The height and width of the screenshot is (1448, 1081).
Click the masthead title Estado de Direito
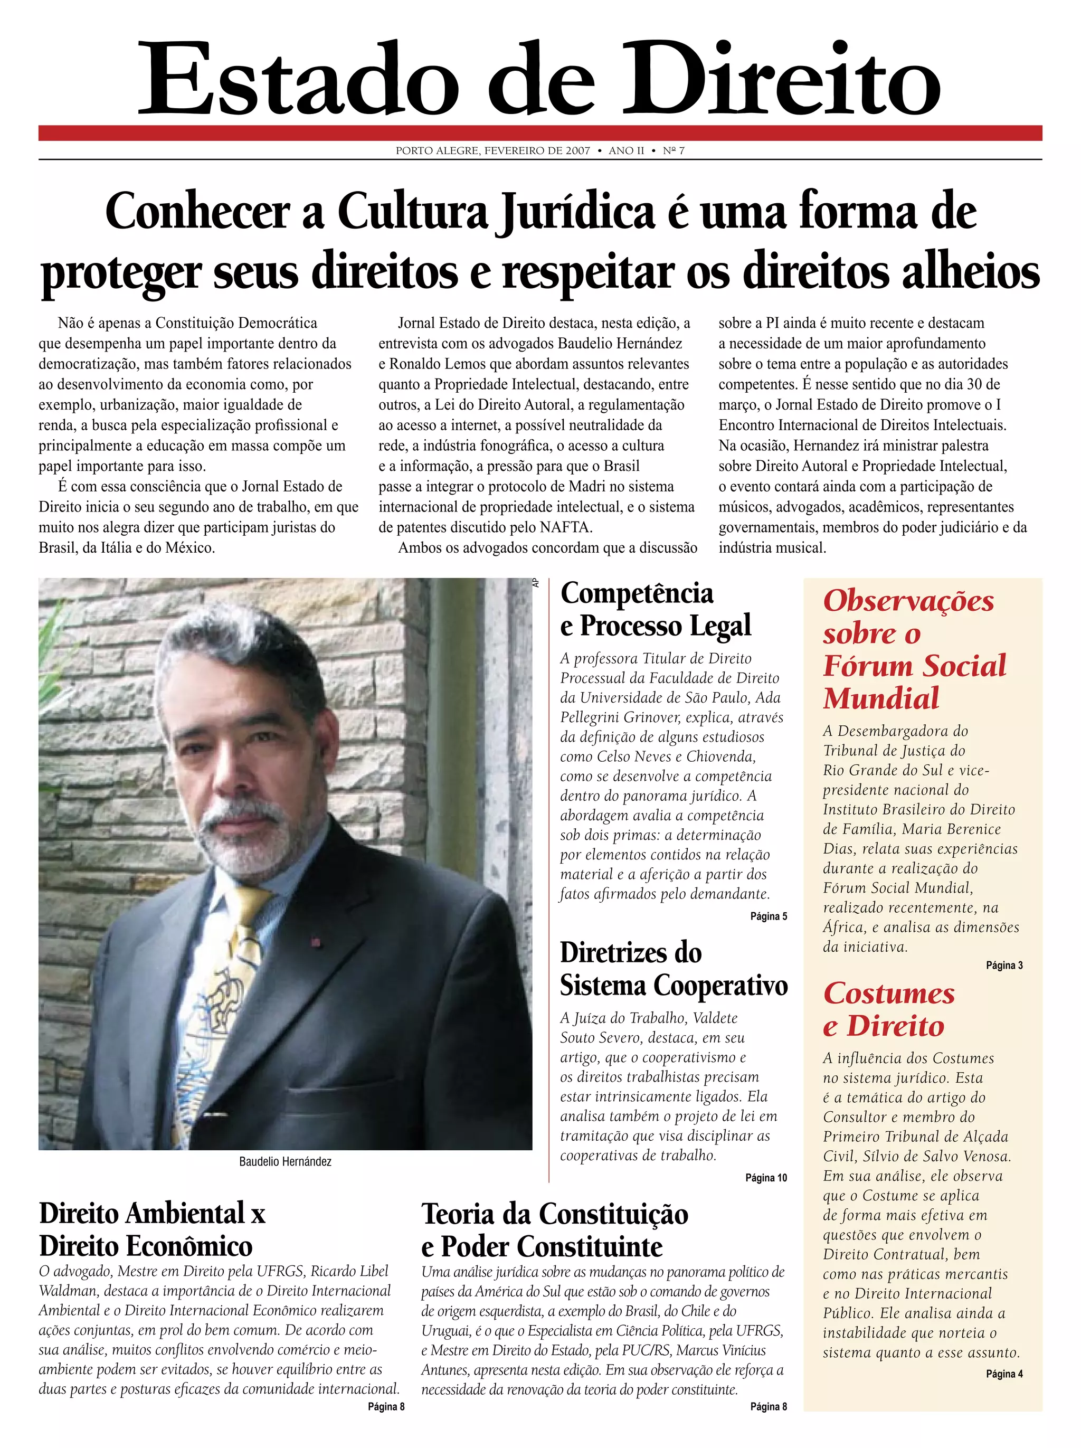pos(539,79)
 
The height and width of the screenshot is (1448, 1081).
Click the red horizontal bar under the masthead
pos(539,133)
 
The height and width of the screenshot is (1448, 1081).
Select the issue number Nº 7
pos(674,151)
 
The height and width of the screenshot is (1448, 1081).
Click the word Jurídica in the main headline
pos(575,212)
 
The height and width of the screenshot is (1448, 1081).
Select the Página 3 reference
pos(1004,966)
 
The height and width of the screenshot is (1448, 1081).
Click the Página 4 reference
pos(1004,1374)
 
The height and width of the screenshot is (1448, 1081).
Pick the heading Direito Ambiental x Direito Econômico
pos(152,1230)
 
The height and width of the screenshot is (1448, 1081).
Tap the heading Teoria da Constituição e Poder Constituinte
pos(554,1231)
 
